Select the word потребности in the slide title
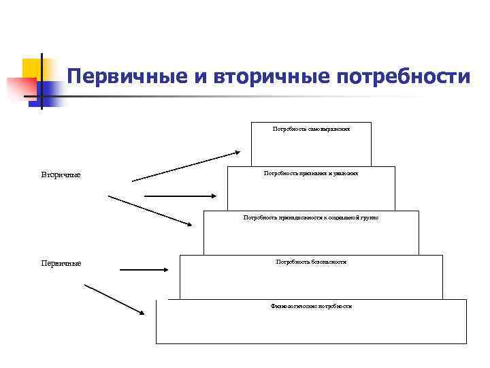click(x=402, y=76)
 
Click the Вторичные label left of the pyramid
click(x=61, y=175)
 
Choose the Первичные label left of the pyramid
click(x=61, y=263)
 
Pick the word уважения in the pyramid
click(x=346, y=173)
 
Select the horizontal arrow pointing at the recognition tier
click(x=180, y=196)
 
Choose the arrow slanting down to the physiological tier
click(x=114, y=299)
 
